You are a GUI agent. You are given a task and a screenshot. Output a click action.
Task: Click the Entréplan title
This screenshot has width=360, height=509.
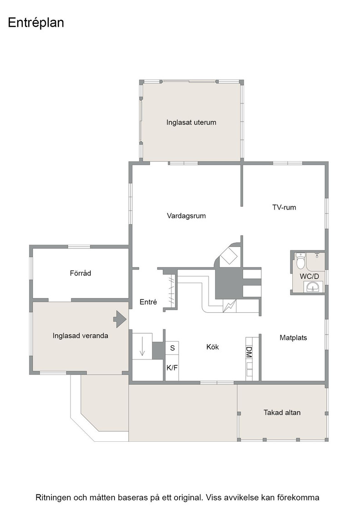pyautogui.click(x=36, y=23)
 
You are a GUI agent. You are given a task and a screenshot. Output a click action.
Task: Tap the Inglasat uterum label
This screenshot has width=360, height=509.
pyautogui.click(x=191, y=122)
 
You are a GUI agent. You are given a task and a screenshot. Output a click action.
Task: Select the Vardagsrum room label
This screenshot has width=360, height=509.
pyautogui.click(x=186, y=216)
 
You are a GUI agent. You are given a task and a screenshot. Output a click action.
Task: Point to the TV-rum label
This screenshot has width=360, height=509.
pyautogui.click(x=284, y=207)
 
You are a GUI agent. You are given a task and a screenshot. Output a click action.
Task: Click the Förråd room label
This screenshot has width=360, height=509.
pyautogui.click(x=80, y=273)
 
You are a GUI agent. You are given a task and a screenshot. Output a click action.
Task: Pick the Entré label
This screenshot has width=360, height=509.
pyautogui.click(x=148, y=302)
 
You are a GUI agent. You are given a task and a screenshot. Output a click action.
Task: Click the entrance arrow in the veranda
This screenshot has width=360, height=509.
pyautogui.click(x=120, y=319)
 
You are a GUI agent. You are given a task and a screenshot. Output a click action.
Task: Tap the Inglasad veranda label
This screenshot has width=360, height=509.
pyautogui.click(x=80, y=336)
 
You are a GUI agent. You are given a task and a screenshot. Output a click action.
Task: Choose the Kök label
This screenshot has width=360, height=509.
pyautogui.click(x=213, y=347)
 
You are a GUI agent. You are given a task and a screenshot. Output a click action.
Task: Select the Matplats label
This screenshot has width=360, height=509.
pyautogui.click(x=293, y=338)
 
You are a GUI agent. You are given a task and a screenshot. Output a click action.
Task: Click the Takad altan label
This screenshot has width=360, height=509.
pyautogui.click(x=282, y=413)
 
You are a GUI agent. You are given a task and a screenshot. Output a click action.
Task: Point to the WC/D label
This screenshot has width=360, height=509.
pyautogui.click(x=310, y=276)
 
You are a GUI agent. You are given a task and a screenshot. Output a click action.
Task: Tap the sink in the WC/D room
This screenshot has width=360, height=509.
pyautogui.click(x=313, y=287)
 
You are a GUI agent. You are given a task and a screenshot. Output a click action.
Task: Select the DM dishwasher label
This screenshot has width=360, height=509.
pyautogui.click(x=249, y=352)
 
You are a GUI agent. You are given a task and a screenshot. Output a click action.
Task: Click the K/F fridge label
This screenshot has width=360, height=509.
pyautogui.click(x=172, y=368)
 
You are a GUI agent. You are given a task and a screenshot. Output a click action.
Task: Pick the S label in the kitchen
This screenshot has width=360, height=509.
pyautogui.click(x=172, y=348)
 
